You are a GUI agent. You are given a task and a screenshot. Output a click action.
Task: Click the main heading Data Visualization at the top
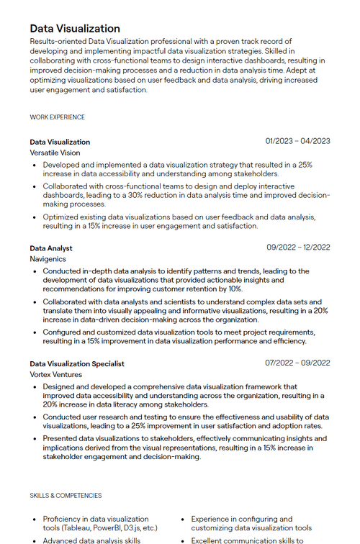75,29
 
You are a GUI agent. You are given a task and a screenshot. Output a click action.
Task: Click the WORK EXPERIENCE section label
57,117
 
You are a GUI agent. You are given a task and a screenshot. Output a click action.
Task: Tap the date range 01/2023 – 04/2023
297,141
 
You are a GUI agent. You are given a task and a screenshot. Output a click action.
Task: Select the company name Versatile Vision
55,153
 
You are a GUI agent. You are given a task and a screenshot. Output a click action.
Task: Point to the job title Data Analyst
51,248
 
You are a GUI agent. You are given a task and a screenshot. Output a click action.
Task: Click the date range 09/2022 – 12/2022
298,248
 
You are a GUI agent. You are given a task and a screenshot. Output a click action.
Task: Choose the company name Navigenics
48,259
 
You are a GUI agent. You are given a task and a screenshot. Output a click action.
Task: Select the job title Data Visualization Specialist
77,364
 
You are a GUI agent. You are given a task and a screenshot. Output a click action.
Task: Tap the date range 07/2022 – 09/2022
297,363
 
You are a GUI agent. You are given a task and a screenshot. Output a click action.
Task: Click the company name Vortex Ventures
55,375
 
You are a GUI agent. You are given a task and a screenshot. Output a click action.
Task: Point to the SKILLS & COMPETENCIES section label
66,496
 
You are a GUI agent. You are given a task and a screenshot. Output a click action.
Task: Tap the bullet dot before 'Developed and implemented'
34,165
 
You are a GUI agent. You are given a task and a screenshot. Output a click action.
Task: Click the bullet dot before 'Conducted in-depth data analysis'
34,271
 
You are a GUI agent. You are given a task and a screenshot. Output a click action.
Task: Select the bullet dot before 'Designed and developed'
34,387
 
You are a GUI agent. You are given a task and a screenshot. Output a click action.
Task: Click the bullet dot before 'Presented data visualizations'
34,438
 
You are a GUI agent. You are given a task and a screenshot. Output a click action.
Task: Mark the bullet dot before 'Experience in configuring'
183,519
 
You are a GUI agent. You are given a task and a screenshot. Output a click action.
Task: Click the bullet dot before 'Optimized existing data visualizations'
34,217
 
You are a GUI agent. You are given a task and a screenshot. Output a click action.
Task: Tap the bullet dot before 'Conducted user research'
34,417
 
